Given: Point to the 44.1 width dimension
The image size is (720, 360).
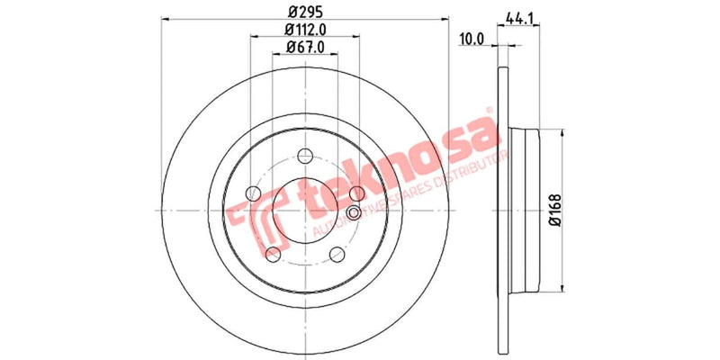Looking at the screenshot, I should click(x=515, y=16).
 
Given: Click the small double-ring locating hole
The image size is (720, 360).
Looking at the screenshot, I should click(x=353, y=212).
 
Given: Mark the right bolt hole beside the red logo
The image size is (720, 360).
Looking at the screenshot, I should click(x=357, y=193).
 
